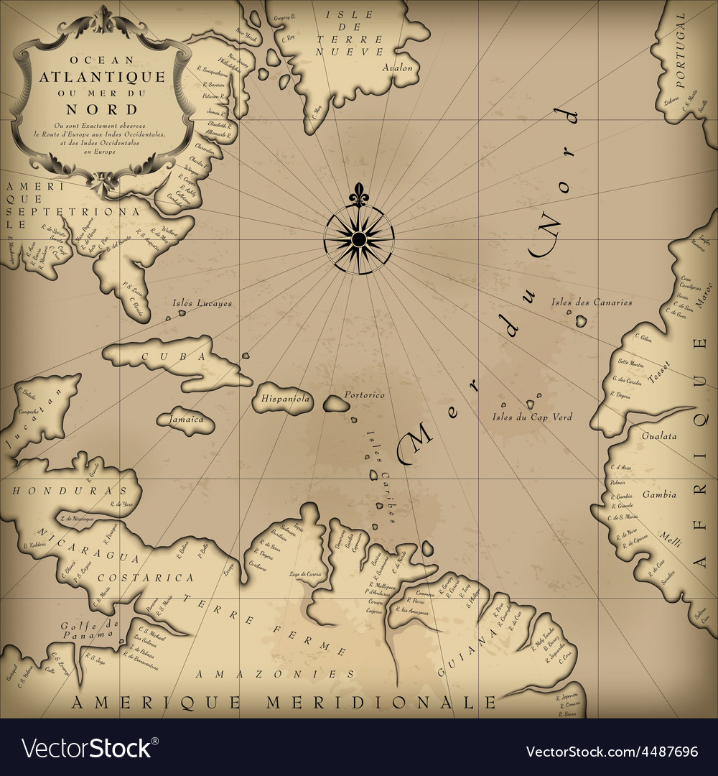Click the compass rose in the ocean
point(358,236)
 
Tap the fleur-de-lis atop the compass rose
point(358,195)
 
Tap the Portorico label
point(365,395)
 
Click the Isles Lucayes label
point(202,303)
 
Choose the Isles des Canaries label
point(592,302)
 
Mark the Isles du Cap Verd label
point(532,417)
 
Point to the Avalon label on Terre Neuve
point(398,68)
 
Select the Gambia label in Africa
point(658,494)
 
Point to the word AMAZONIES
point(276,674)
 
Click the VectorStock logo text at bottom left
point(87,749)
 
